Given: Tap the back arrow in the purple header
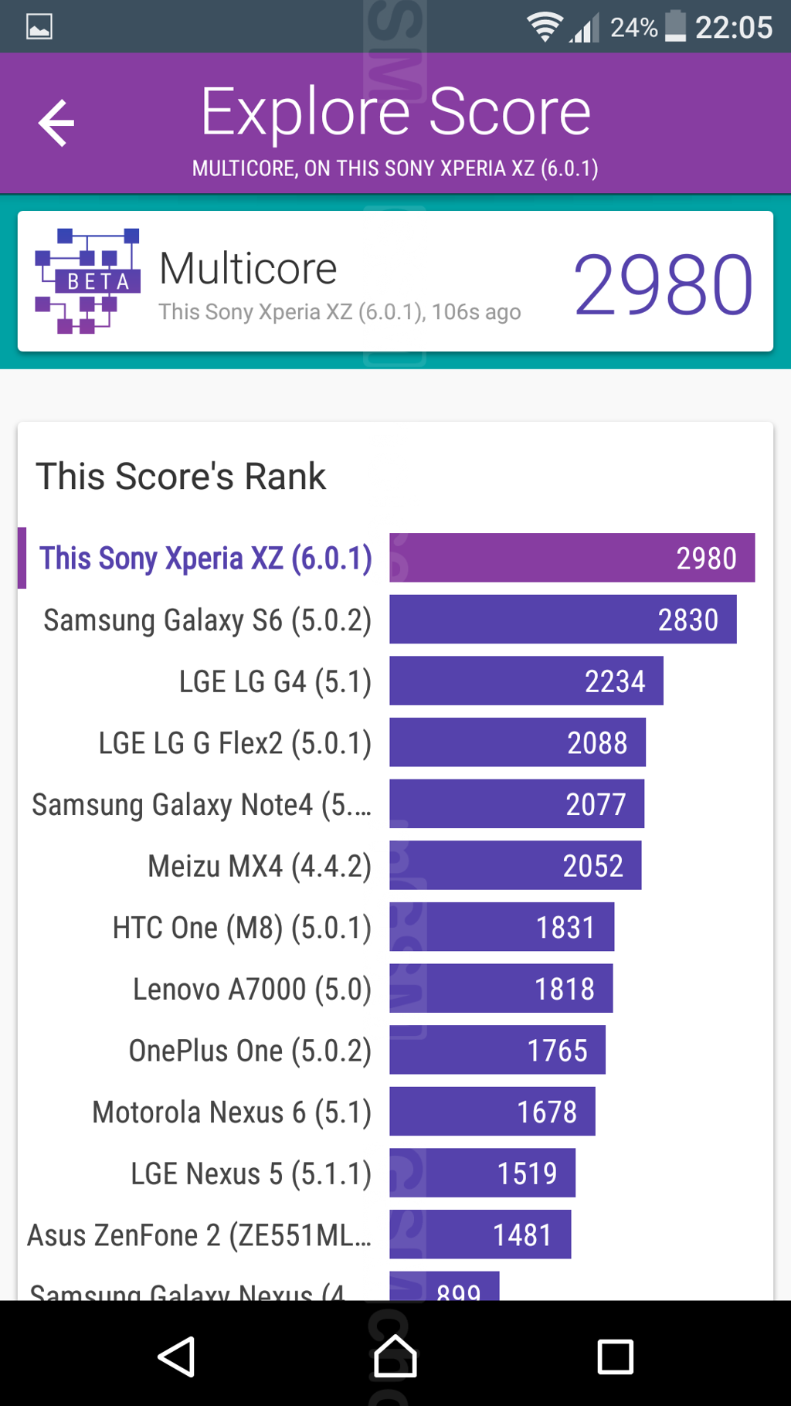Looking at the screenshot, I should point(56,123).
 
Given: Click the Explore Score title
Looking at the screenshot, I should point(395,112).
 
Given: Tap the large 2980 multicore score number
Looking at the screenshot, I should point(663,285).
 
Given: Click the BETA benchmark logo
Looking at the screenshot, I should point(87,280).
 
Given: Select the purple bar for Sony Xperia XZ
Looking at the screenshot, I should point(572,558).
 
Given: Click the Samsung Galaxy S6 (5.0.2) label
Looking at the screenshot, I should point(207,620).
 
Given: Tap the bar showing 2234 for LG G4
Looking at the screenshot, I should point(526,681).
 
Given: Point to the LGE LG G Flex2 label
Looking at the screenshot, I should point(235,743).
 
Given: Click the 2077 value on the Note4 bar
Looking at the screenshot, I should point(596,804).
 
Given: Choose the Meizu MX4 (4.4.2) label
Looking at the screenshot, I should point(260,866).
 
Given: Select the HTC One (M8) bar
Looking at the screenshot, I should point(501,927).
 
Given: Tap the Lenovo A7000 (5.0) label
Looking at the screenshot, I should point(252,989).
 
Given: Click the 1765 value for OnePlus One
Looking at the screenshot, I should point(557,1051).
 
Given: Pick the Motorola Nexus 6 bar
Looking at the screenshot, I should point(492,1112).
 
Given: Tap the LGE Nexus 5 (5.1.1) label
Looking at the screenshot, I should point(251,1173).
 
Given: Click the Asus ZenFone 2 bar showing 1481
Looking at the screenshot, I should point(480,1234).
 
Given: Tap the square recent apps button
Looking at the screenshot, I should point(615,1357).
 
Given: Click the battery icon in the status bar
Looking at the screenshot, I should point(675,26).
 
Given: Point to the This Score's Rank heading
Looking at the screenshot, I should point(181,476).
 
